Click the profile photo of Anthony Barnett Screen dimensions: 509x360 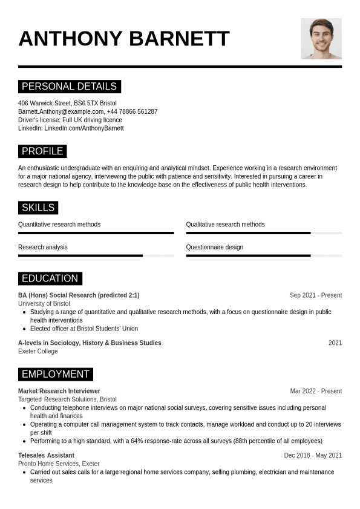coord(321,39)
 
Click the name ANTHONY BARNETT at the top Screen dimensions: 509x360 coord(124,39)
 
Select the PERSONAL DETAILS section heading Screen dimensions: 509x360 coord(69,86)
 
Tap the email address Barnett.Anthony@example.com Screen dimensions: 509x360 coord(61,111)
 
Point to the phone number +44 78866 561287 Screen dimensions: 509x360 coord(132,111)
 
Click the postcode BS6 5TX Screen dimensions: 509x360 coord(86,103)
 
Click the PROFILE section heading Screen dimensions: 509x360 coord(42,151)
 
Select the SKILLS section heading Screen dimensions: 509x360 coord(38,208)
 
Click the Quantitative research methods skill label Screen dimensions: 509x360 coord(59,225)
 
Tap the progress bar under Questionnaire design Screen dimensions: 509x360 coord(264,255)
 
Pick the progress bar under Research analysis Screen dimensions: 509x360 coord(96,255)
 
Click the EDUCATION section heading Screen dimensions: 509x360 coord(50,278)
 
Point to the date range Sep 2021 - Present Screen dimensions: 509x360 coord(315,295)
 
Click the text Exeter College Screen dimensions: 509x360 coord(38,351)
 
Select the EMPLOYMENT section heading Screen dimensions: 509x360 coord(55,374)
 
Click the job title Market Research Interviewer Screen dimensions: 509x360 coord(59,391)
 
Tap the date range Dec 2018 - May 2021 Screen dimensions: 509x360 coord(313,455)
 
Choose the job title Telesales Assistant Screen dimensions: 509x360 coord(46,455)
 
